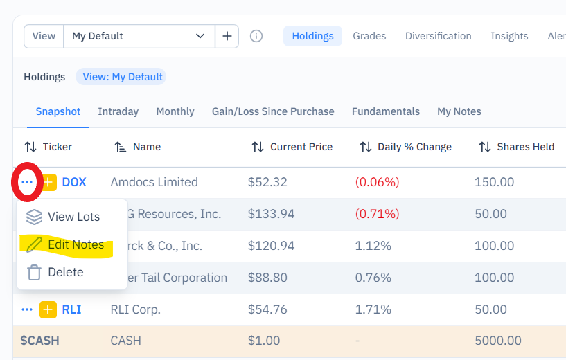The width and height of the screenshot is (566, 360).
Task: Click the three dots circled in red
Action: point(27,182)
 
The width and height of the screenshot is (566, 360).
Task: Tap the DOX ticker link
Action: point(74,182)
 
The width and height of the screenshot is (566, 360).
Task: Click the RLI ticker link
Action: point(71,309)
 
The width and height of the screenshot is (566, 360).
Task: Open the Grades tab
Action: point(369,36)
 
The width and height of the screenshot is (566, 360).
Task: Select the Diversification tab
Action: point(439,36)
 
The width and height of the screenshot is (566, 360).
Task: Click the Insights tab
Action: point(509,36)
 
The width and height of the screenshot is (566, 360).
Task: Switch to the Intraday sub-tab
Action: point(118,111)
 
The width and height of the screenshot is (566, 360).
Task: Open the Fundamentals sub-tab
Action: point(385,111)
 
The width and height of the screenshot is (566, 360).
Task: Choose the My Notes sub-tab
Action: point(459,111)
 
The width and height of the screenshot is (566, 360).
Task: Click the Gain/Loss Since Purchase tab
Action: point(273,111)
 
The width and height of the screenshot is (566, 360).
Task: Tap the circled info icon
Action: point(256,36)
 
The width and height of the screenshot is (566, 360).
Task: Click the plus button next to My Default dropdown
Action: point(227,36)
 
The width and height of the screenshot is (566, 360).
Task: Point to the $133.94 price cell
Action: point(271,214)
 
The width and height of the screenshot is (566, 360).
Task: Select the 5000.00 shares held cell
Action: point(498,341)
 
